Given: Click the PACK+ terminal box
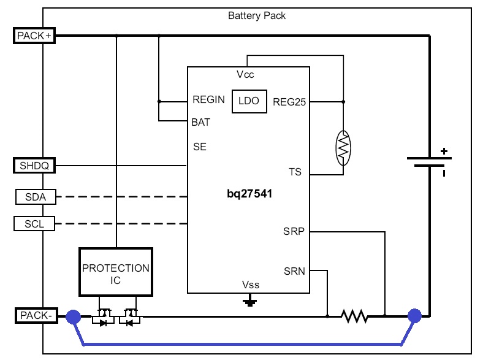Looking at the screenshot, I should point(34,36).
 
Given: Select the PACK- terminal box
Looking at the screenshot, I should point(35,316).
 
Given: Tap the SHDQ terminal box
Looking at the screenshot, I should point(34,166).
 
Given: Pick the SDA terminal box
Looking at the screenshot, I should point(34,197).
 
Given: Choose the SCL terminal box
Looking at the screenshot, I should point(34,224).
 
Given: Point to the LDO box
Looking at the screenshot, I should point(249,102).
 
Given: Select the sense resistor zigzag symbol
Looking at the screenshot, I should point(354,316).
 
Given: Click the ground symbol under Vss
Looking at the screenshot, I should point(249,302).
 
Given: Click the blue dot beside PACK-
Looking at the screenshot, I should point(73,316).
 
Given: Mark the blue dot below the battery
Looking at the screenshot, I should point(415,316).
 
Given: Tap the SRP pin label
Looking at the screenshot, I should point(294,232).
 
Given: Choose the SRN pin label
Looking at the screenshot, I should point(294,270).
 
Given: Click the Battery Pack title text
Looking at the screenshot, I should point(257,16).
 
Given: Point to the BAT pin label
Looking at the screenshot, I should point(201,122).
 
